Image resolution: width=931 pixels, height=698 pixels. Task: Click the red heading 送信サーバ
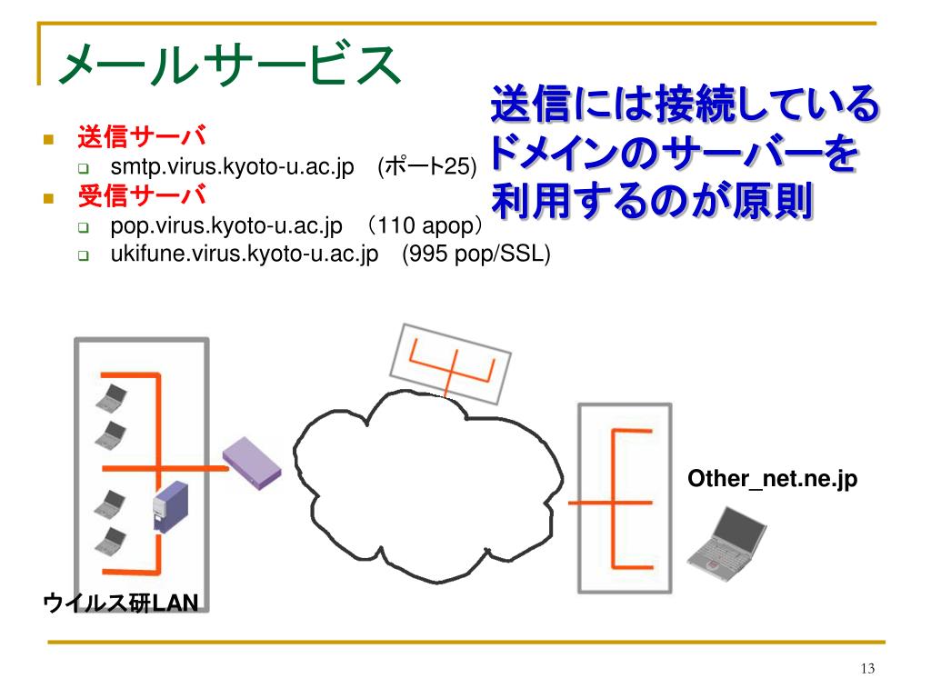coord(142,138)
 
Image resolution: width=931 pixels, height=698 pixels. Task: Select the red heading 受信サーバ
coord(142,194)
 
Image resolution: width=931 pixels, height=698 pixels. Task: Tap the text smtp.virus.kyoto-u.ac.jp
coord(232,166)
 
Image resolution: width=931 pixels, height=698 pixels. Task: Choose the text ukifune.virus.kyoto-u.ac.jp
coord(245,254)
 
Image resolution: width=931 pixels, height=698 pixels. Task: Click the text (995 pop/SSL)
coord(476,254)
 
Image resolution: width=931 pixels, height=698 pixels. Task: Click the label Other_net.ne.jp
coord(772,479)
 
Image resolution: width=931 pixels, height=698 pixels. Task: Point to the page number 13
coord(866,669)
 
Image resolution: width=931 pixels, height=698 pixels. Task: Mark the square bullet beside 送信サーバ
coord(49,140)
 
